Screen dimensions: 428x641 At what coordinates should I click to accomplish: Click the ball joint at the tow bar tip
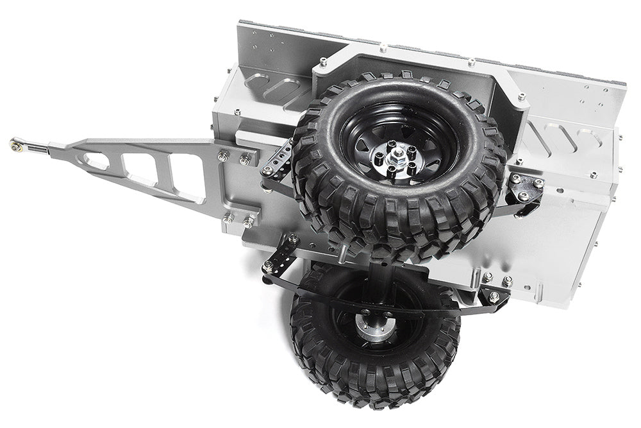tap(15, 144)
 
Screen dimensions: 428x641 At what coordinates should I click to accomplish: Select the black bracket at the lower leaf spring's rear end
tap(494, 296)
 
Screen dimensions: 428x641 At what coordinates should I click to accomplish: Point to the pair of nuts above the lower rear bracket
tap(496, 279)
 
